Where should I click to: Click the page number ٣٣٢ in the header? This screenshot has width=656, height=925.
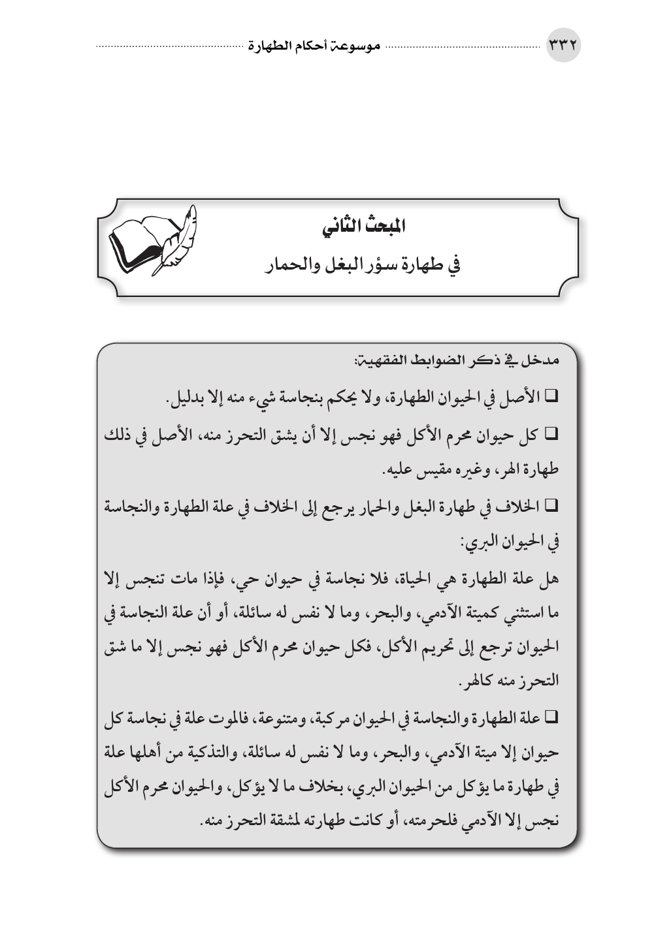coord(563,48)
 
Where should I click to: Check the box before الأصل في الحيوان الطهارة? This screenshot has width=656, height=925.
coord(549,396)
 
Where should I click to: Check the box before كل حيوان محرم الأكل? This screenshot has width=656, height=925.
coord(549,433)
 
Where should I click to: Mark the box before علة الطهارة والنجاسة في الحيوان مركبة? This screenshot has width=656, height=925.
coord(549,719)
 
